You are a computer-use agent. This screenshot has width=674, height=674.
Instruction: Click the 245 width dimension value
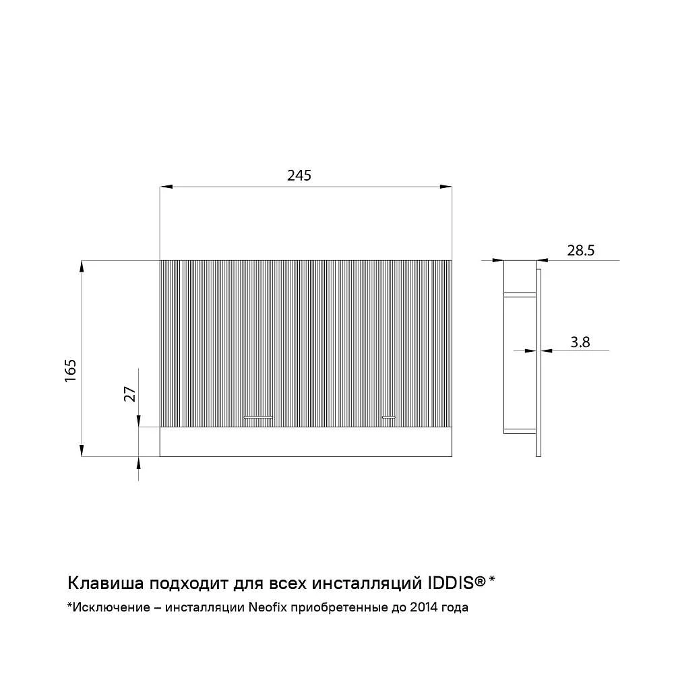pyautogui.click(x=299, y=175)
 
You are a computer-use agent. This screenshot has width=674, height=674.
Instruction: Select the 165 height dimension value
pyautogui.click(x=70, y=370)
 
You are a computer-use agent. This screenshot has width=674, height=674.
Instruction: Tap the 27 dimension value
pyautogui.click(x=130, y=394)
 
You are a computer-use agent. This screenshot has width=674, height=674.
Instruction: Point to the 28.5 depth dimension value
pyautogui.click(x=581, y=250)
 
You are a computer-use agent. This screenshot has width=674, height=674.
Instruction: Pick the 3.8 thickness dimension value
pyautogui.click(x=580, y=342)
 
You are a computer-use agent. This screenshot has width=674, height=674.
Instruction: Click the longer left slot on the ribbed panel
pyautogui.click(x=258, y=417)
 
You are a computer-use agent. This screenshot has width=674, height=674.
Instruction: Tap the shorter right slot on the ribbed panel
pyautogui.click(x=389, y=417)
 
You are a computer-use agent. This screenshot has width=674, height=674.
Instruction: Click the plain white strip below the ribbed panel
pyautogui.click(x=305, y=441)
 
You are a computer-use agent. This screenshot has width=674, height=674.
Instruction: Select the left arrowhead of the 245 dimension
pyautogui.click(x=166, y=187)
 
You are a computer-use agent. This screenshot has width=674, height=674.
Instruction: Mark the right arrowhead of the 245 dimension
pyautogui.click(x=446, y=187)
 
